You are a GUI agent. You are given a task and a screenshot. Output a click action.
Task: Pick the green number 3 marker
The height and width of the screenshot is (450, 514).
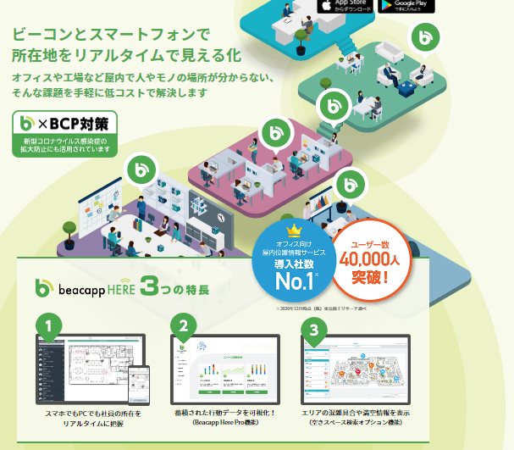click(315, 328)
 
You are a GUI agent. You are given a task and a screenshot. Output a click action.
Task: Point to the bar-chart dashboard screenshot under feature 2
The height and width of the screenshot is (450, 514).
click(221, 373)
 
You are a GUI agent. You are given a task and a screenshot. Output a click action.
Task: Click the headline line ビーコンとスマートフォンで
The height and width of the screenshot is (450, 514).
click(109, 36)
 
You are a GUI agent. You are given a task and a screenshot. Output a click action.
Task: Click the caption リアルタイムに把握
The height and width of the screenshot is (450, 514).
click(91, 423)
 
